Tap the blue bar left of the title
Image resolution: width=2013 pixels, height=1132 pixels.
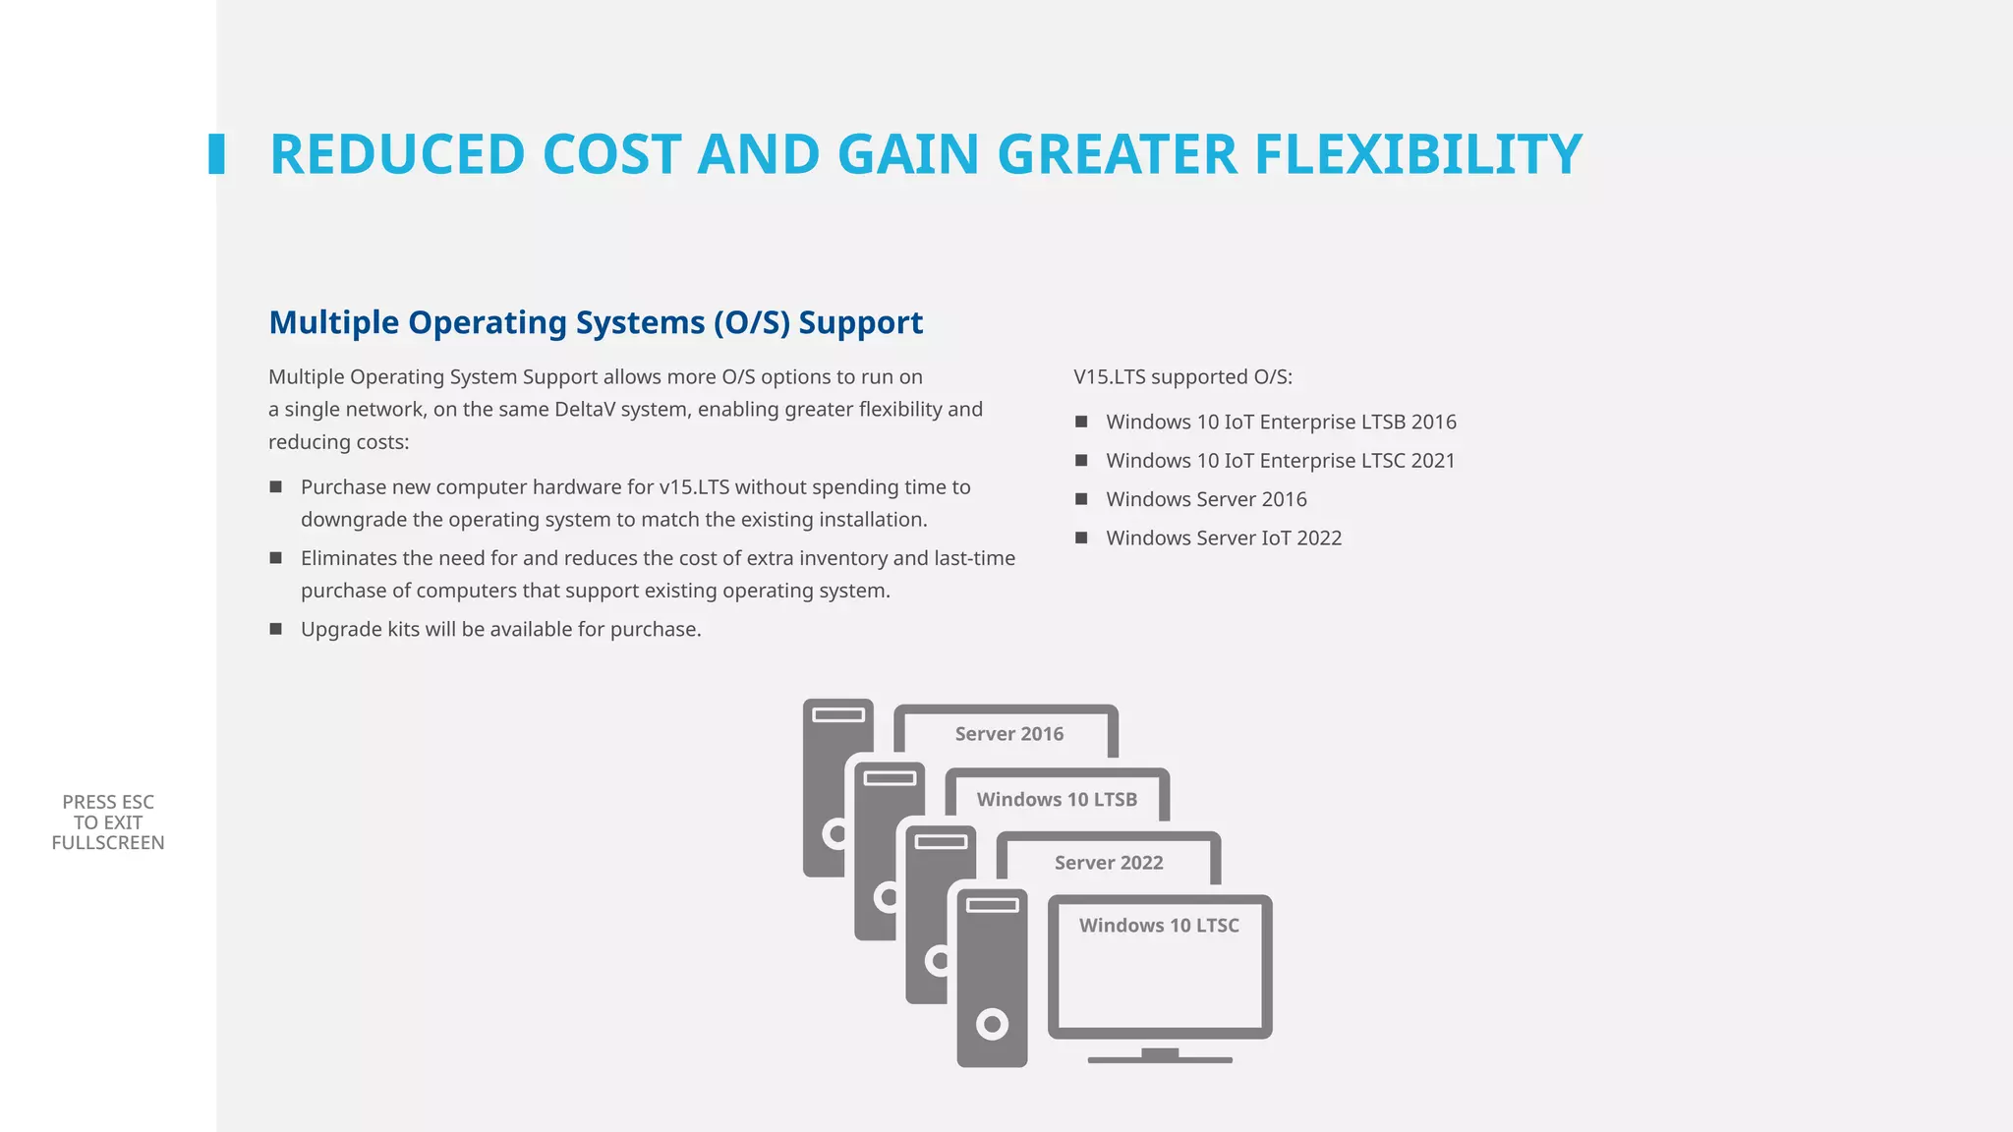[x=216, y=154]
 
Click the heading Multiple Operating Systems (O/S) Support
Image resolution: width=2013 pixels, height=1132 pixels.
[x=596, y=322]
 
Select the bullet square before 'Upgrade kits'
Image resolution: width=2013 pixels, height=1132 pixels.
[x=276, y=629]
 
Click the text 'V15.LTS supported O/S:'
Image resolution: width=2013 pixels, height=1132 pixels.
[x=1182, y=377]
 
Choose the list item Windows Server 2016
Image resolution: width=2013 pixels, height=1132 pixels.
[x=1206, y=499]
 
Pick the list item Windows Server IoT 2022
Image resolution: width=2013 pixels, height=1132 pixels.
[x=1224, y=538]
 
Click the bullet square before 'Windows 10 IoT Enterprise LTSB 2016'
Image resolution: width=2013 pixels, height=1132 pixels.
[x=1081, y=422]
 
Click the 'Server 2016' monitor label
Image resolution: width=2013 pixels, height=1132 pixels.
[x=1008, y=734]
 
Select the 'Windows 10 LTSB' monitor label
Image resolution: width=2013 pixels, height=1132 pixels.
[x=1057, y=800]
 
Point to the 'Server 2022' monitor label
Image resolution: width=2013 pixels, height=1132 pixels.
[x=1109, y=863]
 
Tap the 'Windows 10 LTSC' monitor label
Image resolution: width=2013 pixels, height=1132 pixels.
[x=1159, y=926]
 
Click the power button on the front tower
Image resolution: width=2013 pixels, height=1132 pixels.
[x=992, y=1025]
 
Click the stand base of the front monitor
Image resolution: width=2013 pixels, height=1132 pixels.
[x=1160, y=1059]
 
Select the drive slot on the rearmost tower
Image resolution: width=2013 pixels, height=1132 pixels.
[x=838, y=714]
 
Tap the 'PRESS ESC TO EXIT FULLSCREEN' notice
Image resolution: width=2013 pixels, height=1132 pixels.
[x=108, y=822]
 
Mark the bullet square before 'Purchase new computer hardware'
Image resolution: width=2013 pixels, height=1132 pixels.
[x=276, y=487]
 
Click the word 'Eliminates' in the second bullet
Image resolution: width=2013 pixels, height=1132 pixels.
[x=349, y=558]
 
